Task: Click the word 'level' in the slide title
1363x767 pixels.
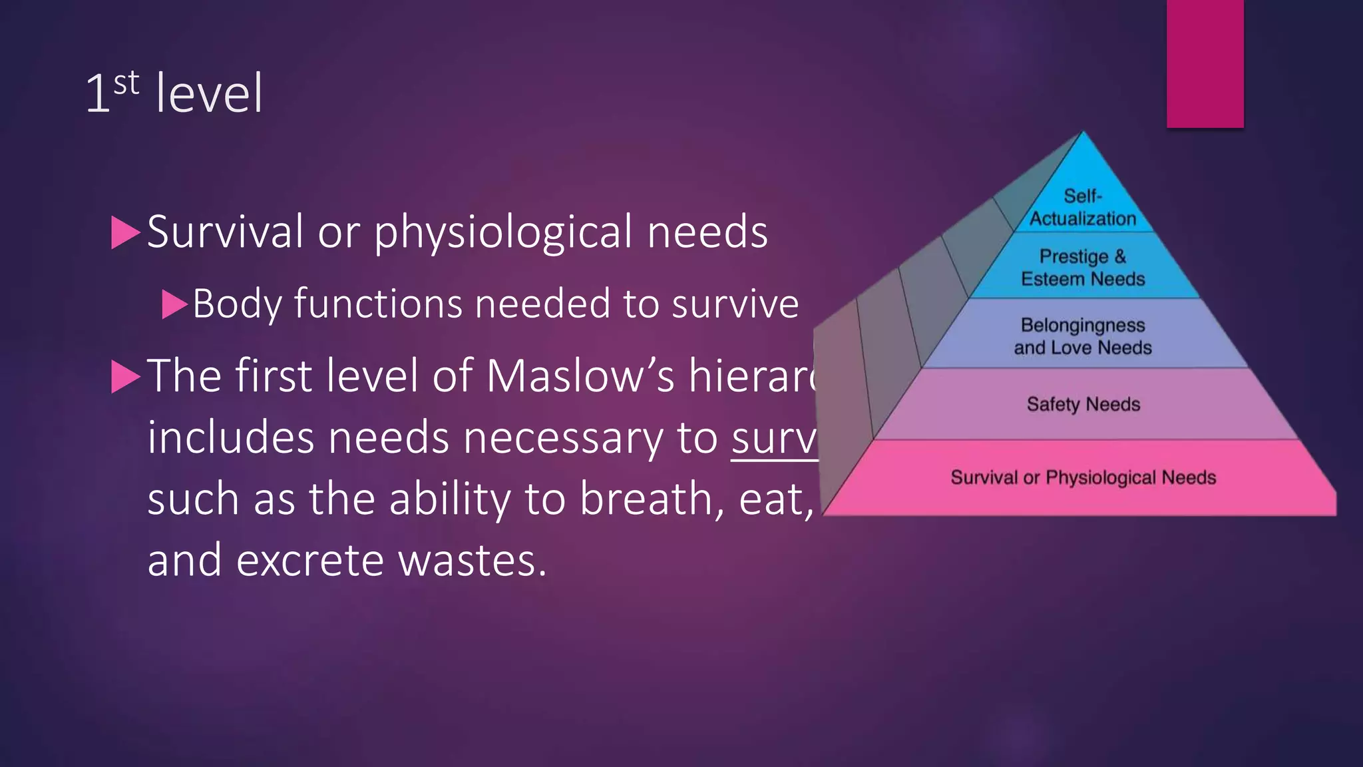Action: (x=209, y=94)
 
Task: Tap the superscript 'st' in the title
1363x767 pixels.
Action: (x=126, y=84)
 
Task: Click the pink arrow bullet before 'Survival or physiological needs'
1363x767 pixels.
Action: (x=125, y=232)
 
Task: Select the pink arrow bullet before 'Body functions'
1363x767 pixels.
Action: (x=175, y=304)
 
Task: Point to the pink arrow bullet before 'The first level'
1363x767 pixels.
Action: (x=125, y=377)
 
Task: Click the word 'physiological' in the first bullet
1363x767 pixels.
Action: (x=504, y=232)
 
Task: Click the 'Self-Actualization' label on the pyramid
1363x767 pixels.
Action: (x=1083, y=207)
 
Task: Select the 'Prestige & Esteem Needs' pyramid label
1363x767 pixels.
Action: (x=1083, y=268)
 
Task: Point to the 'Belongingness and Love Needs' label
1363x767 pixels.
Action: (x=1083, y=336)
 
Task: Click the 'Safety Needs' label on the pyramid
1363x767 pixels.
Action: (x=1083, y=404)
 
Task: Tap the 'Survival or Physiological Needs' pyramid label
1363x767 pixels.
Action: (x=1083, y=477)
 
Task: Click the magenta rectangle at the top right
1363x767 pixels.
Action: (x=1205, y=63)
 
